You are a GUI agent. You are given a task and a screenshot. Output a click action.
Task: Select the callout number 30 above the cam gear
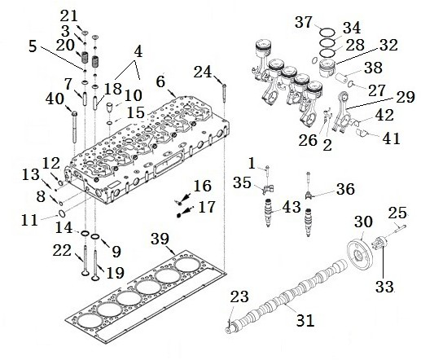click(364, 221)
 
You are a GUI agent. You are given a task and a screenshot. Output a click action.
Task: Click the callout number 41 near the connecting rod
click(391, 138)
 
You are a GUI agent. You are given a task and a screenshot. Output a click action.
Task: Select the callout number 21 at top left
click(70, 15)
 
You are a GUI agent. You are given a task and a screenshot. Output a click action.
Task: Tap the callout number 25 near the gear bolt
click(396, 213)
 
